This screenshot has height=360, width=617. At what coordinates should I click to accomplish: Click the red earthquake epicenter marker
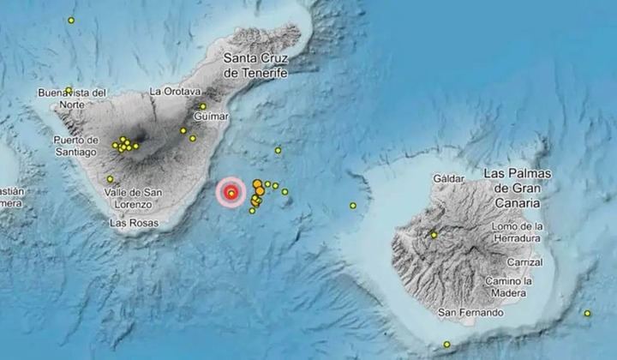point(231,194)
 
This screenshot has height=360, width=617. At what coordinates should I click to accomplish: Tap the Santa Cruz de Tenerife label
point(254,66)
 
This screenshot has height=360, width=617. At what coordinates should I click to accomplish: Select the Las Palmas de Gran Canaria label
point(517,188)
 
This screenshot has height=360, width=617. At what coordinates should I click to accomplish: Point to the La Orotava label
point(175,91)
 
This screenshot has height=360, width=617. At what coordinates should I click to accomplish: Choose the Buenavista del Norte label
point(72,98)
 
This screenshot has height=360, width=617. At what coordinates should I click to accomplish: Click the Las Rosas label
point(133,222)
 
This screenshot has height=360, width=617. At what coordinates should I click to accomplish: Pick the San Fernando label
point(470,313)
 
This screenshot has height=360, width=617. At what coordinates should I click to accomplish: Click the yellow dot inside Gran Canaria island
point(434,234)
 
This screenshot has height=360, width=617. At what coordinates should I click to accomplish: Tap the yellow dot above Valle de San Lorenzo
point(110,179)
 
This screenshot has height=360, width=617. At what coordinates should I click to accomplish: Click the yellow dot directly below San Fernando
point(446,345)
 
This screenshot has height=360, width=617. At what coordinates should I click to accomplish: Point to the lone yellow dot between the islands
point(352,206)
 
